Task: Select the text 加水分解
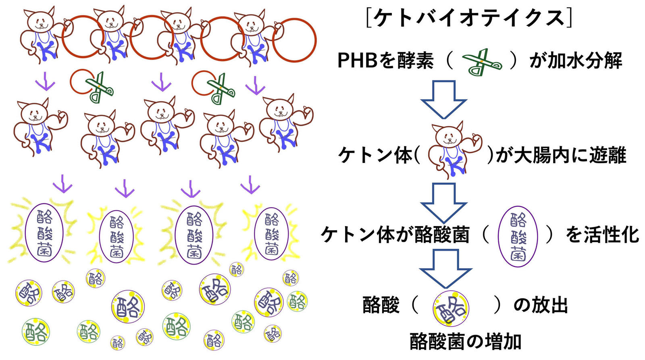pos(585,61)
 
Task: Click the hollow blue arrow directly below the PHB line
pos(443,99)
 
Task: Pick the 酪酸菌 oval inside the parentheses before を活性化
pos(518,236)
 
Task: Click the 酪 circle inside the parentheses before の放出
pos(451,308)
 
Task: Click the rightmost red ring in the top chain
pos(294,40)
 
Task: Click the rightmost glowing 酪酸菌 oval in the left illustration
pos(271,234)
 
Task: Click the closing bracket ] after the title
pos(568,18)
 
